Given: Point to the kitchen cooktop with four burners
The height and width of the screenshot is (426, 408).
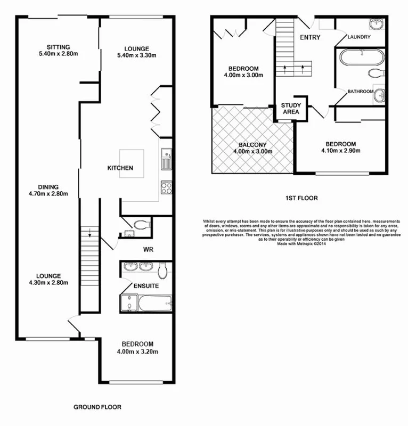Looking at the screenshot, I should (165, 187).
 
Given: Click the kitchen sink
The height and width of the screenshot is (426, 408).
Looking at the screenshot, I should (166, 159).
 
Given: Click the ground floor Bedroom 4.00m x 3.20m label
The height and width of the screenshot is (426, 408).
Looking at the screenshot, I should (137, 347).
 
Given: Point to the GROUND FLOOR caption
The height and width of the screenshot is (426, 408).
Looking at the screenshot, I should (97, 407).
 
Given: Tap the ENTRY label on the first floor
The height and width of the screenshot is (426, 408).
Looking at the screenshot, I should (311, 38).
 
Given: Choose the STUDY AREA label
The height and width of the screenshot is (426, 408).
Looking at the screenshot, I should (290, 109).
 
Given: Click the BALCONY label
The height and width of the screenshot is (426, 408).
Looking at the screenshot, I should (252, 148).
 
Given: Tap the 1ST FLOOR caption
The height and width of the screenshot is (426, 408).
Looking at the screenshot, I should (301, 198).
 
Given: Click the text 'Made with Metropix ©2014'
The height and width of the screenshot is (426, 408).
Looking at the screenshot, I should (301, 244).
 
